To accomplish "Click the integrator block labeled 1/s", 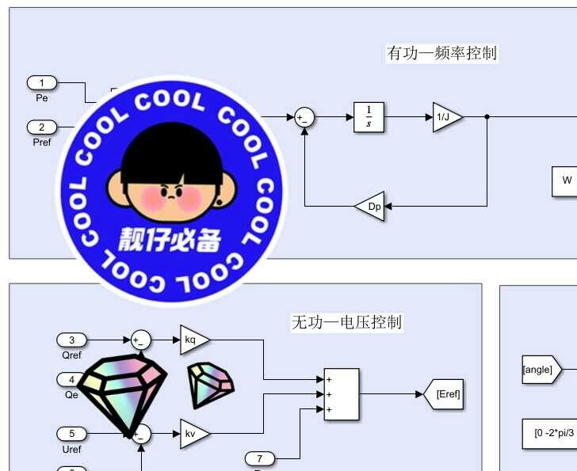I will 369,117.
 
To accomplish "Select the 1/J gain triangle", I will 445,117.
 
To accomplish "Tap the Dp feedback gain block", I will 370,206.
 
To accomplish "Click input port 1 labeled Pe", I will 42,82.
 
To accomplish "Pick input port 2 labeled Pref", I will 42,127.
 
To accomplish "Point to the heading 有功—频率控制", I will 441,53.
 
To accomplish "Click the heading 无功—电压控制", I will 346,322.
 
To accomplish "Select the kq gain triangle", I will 193,340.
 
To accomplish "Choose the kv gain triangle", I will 193,434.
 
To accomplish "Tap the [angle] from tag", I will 540,370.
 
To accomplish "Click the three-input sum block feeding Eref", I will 341,393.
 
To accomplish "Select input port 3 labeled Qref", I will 71,340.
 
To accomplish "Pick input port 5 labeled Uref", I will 71,434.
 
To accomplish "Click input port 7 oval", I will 259,458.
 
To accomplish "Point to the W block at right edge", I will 565,180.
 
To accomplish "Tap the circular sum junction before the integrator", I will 304,118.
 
